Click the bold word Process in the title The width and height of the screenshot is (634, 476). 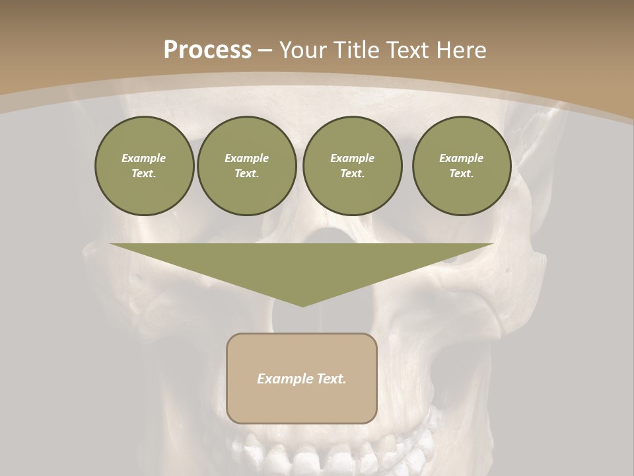pyautogui.click(x=207, y=50)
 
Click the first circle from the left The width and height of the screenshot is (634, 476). pyautogui.click(x=144, y=166)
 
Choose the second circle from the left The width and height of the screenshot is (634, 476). pyautogui.click(x=247, y=166)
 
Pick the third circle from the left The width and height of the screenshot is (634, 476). pyautogui.click(x=353, y=166)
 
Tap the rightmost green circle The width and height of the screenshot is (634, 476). pyautogui.click(x=462, y=166)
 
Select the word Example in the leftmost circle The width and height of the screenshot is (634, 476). pyautogui.click(x=144, y=158)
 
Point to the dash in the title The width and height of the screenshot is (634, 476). pyautogui.click(x=265, y=50)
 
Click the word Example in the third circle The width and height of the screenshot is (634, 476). pyautogui.click(x=353, y=158)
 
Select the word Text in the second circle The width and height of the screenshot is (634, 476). pyautogui.click(x=246, y=174)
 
